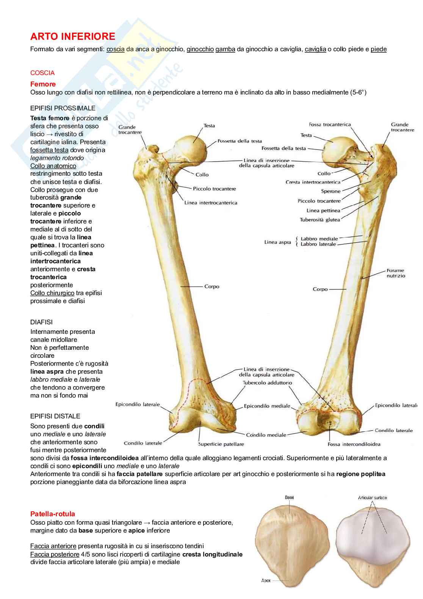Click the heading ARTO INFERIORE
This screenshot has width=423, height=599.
(x=72, y=36)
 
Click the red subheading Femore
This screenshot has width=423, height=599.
(x=43, y=84)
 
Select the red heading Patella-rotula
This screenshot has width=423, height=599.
(x=53, y=514)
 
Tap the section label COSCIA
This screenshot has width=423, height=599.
(x=42, y=73)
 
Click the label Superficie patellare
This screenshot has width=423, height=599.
(x=221, y=444)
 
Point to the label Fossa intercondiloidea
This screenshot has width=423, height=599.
(x=354, y=444)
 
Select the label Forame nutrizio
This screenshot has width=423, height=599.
(x=396, y=273)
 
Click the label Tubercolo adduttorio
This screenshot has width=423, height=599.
(x=267, y=383)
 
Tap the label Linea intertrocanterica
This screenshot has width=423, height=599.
(x=211, y=203)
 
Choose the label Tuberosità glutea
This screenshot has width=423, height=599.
(x=320, y=220)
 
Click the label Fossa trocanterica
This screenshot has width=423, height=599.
(x=330, y=124)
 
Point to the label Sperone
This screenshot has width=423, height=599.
(x=331, y=191)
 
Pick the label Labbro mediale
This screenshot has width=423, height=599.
(x=319, y=239)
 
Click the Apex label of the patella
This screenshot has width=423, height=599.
(x=266, y=580)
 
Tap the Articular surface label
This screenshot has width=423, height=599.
(x=372, y=498)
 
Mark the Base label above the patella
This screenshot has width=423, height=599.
(x=289, y=497)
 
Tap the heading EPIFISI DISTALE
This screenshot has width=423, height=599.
(x=55, y=416)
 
